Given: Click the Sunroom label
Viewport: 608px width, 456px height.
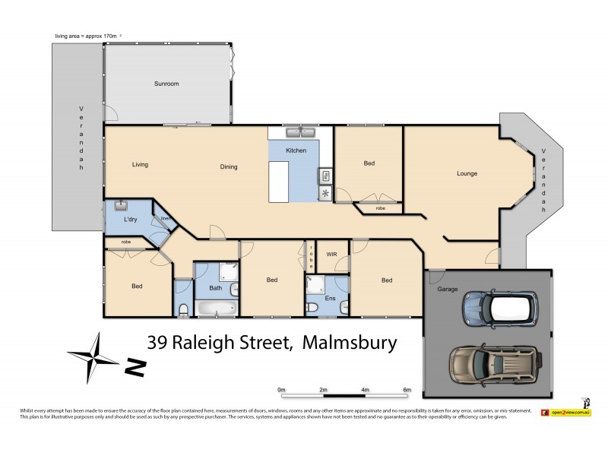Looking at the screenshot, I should click(166, 83).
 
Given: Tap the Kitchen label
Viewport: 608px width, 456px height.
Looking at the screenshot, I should click(296, 151).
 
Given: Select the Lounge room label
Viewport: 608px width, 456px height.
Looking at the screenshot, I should click(467, 173).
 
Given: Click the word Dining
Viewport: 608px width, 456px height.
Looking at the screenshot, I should click(229, 167).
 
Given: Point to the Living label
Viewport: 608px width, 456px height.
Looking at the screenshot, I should click(139, 164).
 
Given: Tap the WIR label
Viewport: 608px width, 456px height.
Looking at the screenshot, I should click(332, 255).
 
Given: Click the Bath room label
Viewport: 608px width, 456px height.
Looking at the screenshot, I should click(216, 288).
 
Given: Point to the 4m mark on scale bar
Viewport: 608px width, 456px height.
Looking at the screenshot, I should click(366, 391).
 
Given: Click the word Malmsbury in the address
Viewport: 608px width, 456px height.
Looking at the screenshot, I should click(350, 344).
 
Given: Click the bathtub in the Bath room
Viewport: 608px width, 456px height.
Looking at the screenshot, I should click(216, 309).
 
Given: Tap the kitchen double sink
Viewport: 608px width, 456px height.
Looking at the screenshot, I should click(301, 133).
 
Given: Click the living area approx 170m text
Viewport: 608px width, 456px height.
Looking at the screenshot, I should click(87, 36).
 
